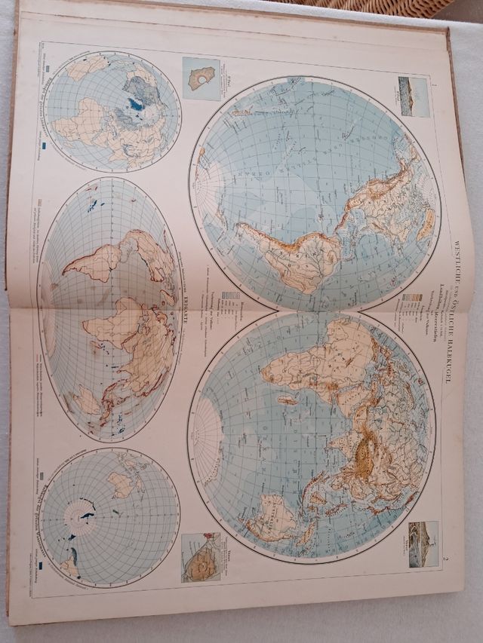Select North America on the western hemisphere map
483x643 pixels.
pos(392,188)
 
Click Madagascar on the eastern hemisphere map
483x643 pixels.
pos(288,400)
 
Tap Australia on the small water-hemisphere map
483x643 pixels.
pos(121,482)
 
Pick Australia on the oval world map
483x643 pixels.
pos(87,400)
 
